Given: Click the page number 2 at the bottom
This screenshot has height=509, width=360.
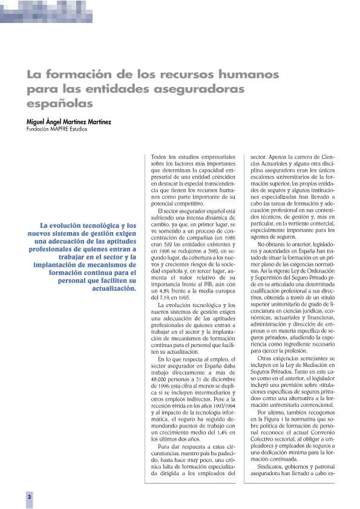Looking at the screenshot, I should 28,496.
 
